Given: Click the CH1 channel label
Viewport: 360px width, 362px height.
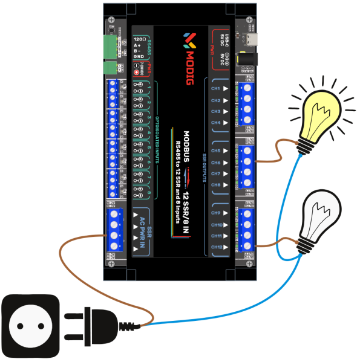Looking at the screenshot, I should click(215, 89).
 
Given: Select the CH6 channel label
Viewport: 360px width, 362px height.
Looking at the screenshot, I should click(215, 162).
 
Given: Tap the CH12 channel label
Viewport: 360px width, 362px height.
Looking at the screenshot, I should click(216, 247).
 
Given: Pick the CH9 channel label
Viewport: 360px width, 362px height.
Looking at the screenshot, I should click(215, 213).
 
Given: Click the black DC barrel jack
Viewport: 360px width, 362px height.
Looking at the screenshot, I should click(252, 61).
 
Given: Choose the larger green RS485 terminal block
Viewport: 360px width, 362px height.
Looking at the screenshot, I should click(111, 45).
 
